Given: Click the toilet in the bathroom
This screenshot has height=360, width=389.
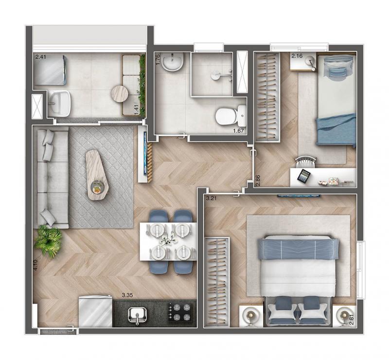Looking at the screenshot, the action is [230, 115].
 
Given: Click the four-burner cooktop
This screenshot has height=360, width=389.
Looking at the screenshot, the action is [180, 312].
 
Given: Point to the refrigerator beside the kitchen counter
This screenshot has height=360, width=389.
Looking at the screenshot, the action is [95, 311].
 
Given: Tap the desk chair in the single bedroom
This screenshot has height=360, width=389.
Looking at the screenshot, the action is [306, 162].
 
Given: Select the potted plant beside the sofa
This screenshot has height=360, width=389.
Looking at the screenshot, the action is [48, 240].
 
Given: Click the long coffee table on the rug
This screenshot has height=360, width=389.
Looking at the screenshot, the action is [97, 174].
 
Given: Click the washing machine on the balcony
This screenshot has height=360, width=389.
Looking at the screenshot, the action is [50, 70].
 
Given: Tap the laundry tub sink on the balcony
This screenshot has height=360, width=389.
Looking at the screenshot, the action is [59, 103].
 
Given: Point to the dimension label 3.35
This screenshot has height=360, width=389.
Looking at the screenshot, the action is [127, 295].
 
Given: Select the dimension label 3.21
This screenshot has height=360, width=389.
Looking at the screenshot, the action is [212, 198].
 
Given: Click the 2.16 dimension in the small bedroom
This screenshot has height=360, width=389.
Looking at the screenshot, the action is [297, 56].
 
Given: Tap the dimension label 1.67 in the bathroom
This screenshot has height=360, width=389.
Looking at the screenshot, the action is [238, 131].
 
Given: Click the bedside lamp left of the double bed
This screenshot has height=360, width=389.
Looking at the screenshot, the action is [250, 315].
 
